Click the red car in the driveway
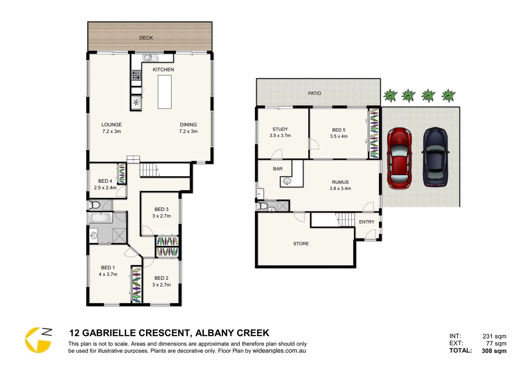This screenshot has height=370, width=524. click(399, 158)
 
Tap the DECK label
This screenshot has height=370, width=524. click(146, 38)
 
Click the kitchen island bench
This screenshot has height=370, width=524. click(165, 92)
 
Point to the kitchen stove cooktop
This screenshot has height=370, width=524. click(136, 75)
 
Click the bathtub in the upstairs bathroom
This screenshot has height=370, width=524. click(100, 217)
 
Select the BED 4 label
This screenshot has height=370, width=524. click(105, 181)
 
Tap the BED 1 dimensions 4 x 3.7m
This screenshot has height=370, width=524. click(108, 274)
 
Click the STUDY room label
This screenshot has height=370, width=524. click(280, 129)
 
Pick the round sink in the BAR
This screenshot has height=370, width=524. click(287, 181)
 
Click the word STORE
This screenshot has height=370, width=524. click(301, 244)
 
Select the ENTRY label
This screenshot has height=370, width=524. click(367, 222)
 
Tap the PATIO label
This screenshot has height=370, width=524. click(314, 93)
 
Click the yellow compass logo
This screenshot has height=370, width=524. click(38, 340)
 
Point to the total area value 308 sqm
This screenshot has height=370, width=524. click(494, 351)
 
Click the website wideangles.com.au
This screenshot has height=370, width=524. click(279, 351)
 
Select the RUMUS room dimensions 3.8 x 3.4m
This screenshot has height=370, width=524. click(340, 188)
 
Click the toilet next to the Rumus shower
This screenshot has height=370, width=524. click(263, 206)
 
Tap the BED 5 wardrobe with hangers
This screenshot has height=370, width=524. click(374, 134)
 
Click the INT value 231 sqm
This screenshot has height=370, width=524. click(494, 336)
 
